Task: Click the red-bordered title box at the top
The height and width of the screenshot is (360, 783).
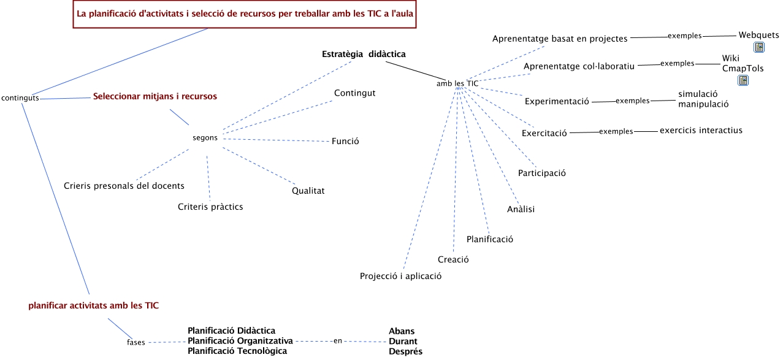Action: tap(244, 13)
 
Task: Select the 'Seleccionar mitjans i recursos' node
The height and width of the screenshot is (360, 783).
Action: tap(155, 96)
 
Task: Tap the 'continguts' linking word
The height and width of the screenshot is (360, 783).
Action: tap(20, 98)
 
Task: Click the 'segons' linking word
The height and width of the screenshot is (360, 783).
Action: tap(205, 138)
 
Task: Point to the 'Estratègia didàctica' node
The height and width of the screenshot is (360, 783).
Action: tap(364, 54)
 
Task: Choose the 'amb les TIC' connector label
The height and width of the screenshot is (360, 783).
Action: tap(457, 83)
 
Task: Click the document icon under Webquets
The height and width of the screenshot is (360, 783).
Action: tap(758, 47)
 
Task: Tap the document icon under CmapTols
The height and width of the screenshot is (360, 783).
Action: tap(743, 80)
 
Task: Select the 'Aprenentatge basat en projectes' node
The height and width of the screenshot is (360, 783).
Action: tap(560, 39)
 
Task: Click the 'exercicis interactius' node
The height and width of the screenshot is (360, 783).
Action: tap(701, 130)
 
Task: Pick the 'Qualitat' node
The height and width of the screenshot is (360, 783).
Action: tap(308, 191)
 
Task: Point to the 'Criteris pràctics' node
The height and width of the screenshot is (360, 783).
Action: tap(210, 207)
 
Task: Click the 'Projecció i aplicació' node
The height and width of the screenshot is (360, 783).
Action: tap(400, 276)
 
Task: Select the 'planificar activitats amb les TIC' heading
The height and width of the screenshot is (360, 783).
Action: tap(93, 305)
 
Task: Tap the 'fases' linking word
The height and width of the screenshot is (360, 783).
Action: tap(136, 342)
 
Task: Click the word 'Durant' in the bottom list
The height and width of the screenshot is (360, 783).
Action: tap(403, 342)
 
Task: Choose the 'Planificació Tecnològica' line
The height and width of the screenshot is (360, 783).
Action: tap(237, 351)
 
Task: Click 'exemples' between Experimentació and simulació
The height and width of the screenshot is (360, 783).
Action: tap(632, 101)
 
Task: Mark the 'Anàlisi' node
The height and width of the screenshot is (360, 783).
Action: tap(521, 210)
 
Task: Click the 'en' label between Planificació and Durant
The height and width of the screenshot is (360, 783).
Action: tap(337, 341)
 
